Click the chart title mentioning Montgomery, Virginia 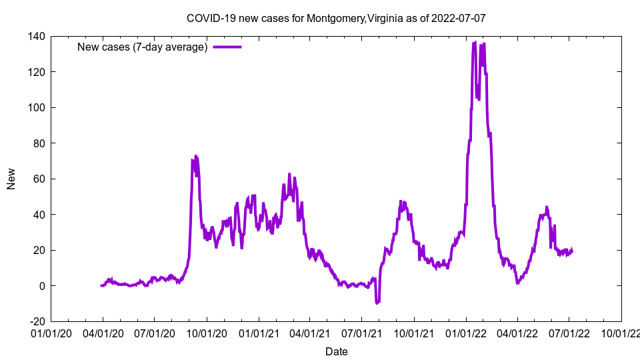pyautogui.click(x=336, y=18)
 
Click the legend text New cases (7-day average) pyautogui.click(x=143, y=47)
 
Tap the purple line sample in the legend pyautogui.click(x=227, y=47)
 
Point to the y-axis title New pyautogui.click(x=11, y=179)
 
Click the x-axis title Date pyautogui.click(x=336, y=351)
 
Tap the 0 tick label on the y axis pyautogui.click(x=41, y=286)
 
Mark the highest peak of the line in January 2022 pyautogui.click(x=474, y=43)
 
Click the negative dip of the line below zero pyautogui.click(x=377, y=303)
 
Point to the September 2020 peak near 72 pyautogui.click(x=195, y=156)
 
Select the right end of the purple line pyautogui.click(x=572, y=251)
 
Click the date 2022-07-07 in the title pyautogui.click(x=459, y=18)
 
